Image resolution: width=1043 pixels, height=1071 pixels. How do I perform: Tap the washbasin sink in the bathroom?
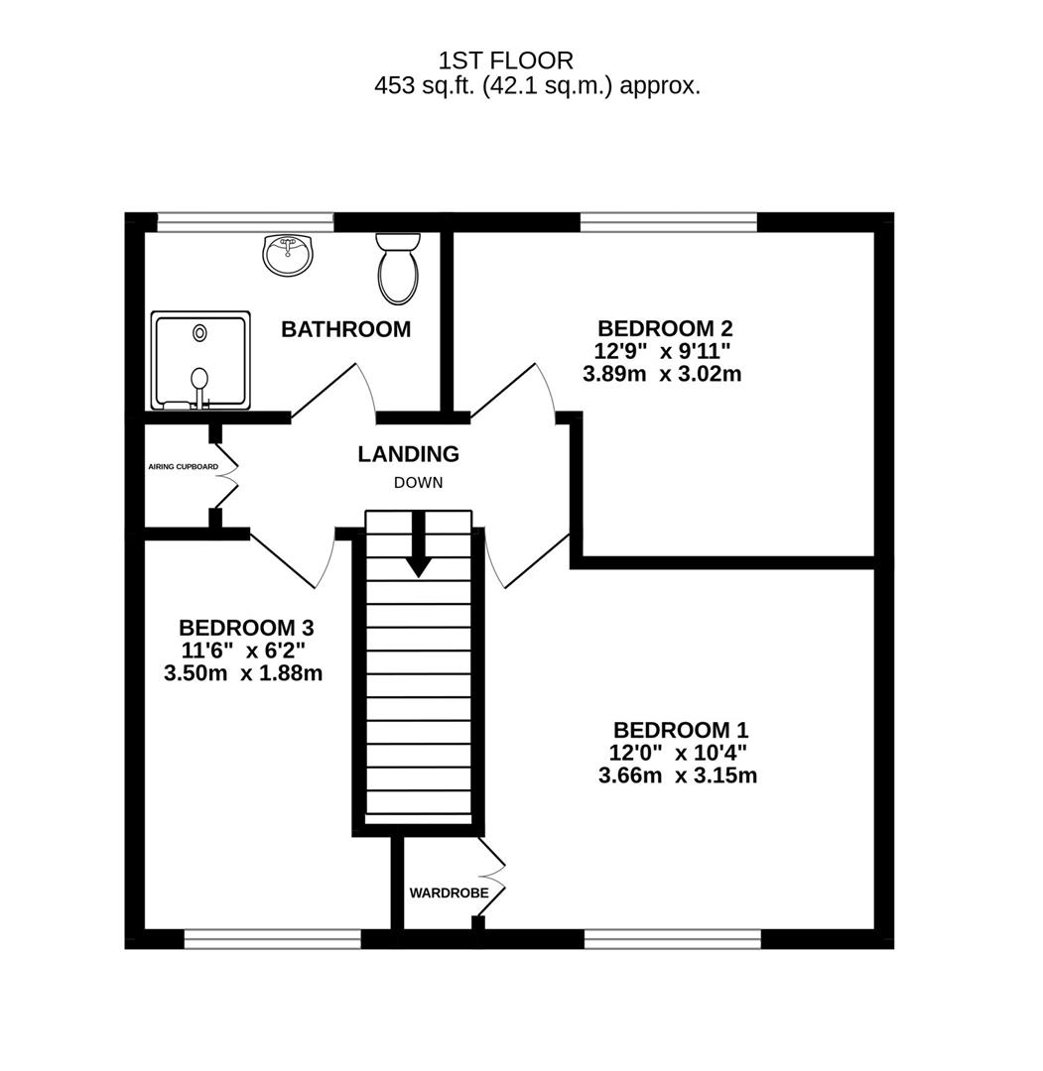[x=288, y=254]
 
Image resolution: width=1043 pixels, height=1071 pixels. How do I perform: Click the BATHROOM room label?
[x=345, y=329]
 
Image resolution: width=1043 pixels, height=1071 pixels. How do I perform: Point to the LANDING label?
[x=408, y=454]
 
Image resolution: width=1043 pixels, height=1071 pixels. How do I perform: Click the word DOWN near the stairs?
[x=418, y=483]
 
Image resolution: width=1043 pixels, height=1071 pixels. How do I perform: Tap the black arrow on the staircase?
[x=419, y=545]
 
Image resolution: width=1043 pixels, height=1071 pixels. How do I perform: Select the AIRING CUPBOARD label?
[x=183, y=466]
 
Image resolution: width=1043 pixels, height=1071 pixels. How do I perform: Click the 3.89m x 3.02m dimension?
[x=664, y=375]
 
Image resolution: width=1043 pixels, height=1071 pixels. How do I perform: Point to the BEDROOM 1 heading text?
[x=680, y=729]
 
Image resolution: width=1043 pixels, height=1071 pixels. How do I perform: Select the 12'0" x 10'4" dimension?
[x=679, y=753]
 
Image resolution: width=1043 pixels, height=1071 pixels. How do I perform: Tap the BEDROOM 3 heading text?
[x=246, y=628]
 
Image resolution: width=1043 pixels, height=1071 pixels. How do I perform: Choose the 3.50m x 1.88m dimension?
[x=243, y=673]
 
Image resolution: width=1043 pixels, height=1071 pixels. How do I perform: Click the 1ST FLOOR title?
[x=505, y=61]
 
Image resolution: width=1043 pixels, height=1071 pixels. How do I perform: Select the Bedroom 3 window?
[x=273, y=938]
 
